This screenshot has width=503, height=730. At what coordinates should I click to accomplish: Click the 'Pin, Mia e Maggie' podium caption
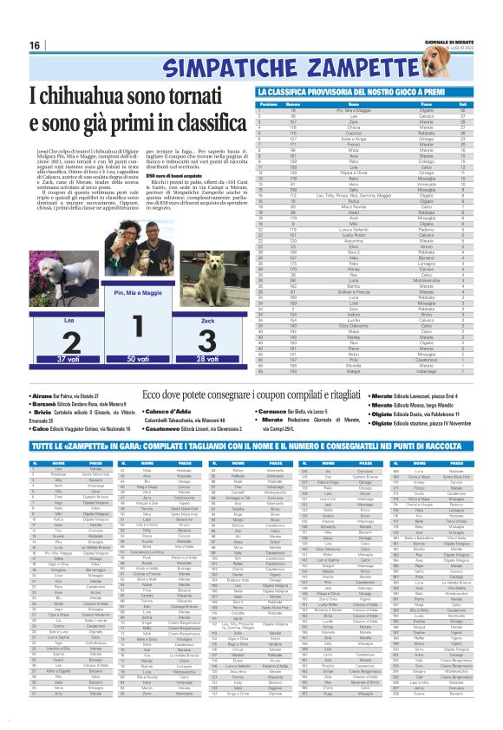[x=133, y=295]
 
